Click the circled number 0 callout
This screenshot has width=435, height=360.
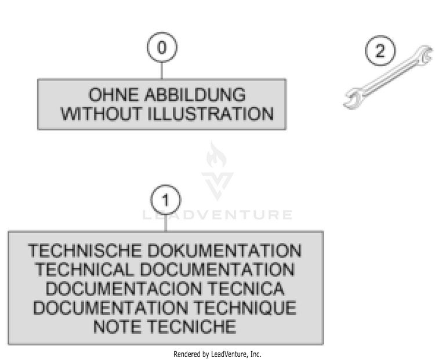162,49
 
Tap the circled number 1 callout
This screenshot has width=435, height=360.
166,201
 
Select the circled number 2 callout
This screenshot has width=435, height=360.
379,51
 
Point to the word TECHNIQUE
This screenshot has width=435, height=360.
244,307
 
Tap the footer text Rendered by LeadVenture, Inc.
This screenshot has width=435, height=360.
217,354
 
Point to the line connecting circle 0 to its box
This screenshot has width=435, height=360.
162,71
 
